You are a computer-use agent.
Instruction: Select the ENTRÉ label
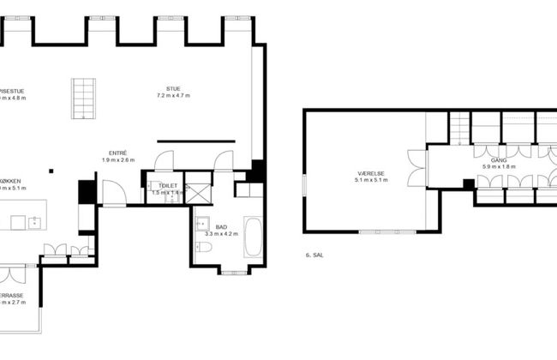pyautogui.click(x=118, y=152)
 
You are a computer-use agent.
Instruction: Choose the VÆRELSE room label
pyautogui.click(x=369, y=173)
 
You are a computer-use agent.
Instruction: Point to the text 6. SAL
pyautogui.click(x=314, y=255)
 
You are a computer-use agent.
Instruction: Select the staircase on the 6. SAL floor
pyautogui.click(x=460, y=129)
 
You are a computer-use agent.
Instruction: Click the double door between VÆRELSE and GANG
pyautogui.click(x=429, y=166)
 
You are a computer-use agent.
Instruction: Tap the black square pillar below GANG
pyautogui.click(x=468, y=183)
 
